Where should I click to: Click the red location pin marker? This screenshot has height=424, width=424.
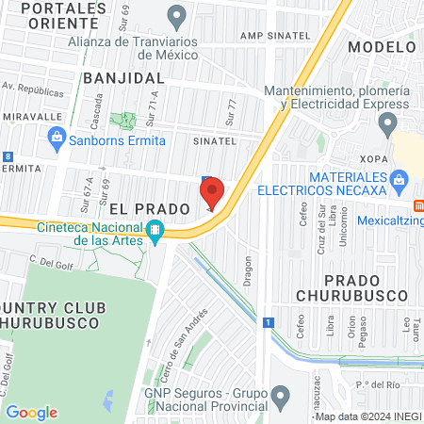212,192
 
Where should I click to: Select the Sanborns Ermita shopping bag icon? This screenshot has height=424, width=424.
57,140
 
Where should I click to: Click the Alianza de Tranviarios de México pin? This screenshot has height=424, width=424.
175,15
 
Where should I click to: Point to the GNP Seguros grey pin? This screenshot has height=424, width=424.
280,394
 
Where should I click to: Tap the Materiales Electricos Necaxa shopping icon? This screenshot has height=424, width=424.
400,178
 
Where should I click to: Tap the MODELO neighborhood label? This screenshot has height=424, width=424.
382,46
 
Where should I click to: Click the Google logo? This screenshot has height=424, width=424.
32,412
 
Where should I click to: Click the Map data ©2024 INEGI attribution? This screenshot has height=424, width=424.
367,416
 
